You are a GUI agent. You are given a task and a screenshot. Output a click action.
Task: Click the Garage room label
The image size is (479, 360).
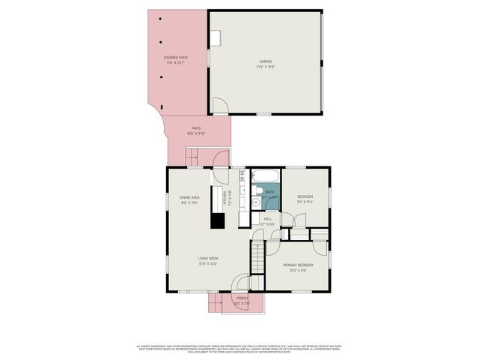pos(266,61)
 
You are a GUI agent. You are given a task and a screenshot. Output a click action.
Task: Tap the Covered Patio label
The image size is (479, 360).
pos(176,57)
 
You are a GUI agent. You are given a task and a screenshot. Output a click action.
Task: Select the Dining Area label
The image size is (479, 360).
pos(189,197)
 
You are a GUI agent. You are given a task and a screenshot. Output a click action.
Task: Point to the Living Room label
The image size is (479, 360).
pos(208,259)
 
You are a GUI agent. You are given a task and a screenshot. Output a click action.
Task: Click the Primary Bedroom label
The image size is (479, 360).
pos(298,265)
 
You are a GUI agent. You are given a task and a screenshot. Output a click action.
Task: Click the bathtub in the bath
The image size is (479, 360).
pos(265,177)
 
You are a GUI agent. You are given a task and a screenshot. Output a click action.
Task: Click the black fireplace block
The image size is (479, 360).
pos(217,220)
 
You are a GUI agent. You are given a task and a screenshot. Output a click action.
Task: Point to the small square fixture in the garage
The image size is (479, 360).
pos(215,37)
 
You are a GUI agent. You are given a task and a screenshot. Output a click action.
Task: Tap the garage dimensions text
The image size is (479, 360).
pos(266,67)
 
